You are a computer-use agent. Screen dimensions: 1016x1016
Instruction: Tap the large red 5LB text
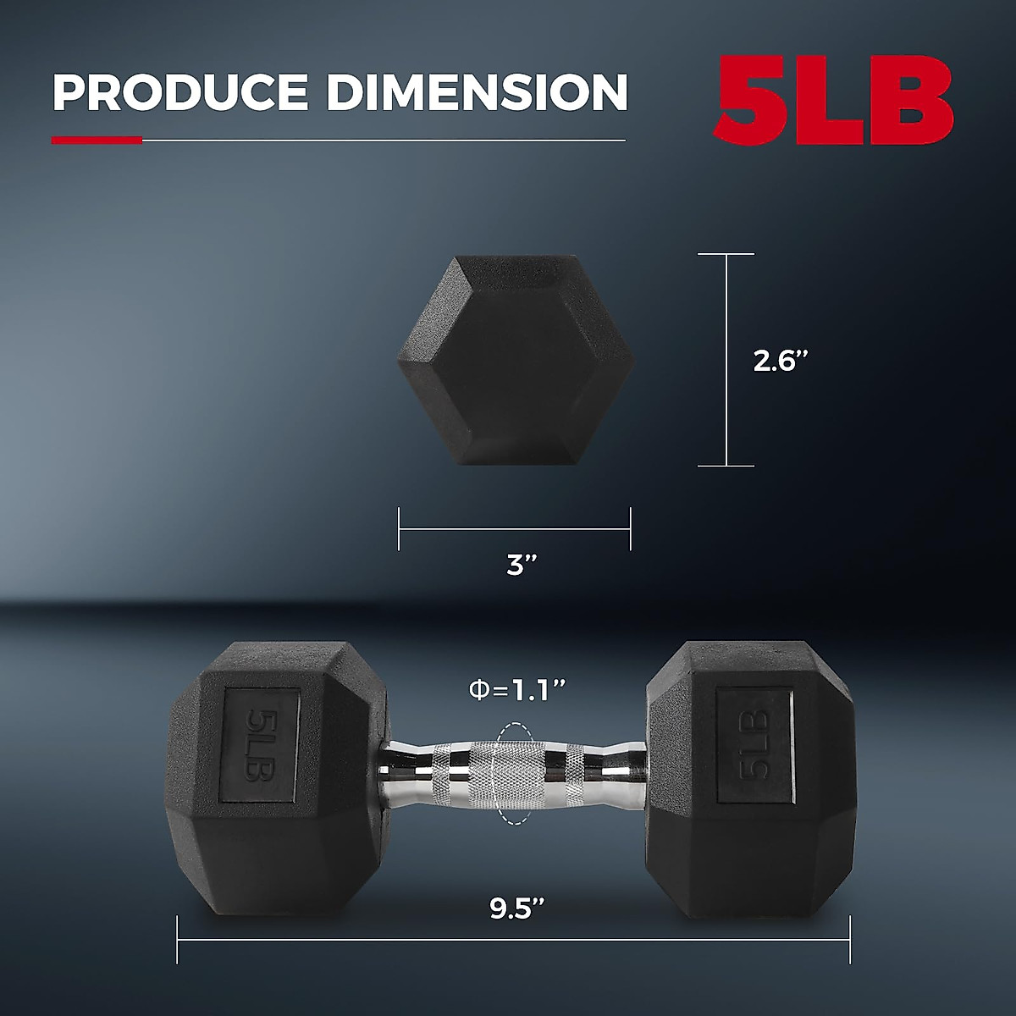[834, 102]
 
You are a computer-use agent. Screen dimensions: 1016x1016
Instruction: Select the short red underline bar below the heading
[97, 141]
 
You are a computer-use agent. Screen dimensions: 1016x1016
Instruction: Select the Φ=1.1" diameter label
[516, 690]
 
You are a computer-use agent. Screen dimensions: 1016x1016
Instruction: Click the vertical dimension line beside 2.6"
[726, 360]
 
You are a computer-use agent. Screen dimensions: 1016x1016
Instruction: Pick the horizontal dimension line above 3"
[515, 529]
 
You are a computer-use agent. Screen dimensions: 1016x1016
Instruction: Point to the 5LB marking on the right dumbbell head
[754, 744]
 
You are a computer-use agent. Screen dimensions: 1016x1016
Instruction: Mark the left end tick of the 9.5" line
[178, 938]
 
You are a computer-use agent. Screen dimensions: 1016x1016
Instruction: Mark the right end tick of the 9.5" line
[849, 938]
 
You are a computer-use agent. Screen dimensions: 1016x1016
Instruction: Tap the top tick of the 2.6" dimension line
[726, 254]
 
